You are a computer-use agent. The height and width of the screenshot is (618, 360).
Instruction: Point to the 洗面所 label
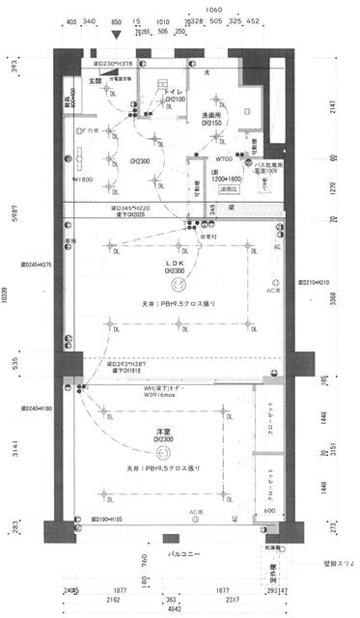(x=213, y=115)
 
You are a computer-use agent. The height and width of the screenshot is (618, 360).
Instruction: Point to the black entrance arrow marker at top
(x=118, y=37)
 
